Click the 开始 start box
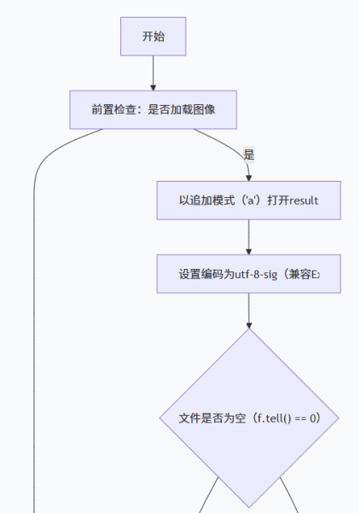coord(153,37)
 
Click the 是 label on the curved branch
coord(248,154)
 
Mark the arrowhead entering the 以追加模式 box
coord(248,176)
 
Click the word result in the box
coord(304,201)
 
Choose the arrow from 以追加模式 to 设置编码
coord(248,236)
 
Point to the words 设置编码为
coord(205,274)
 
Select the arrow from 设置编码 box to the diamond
coord(248,310)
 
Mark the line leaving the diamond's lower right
coord(290,495)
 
